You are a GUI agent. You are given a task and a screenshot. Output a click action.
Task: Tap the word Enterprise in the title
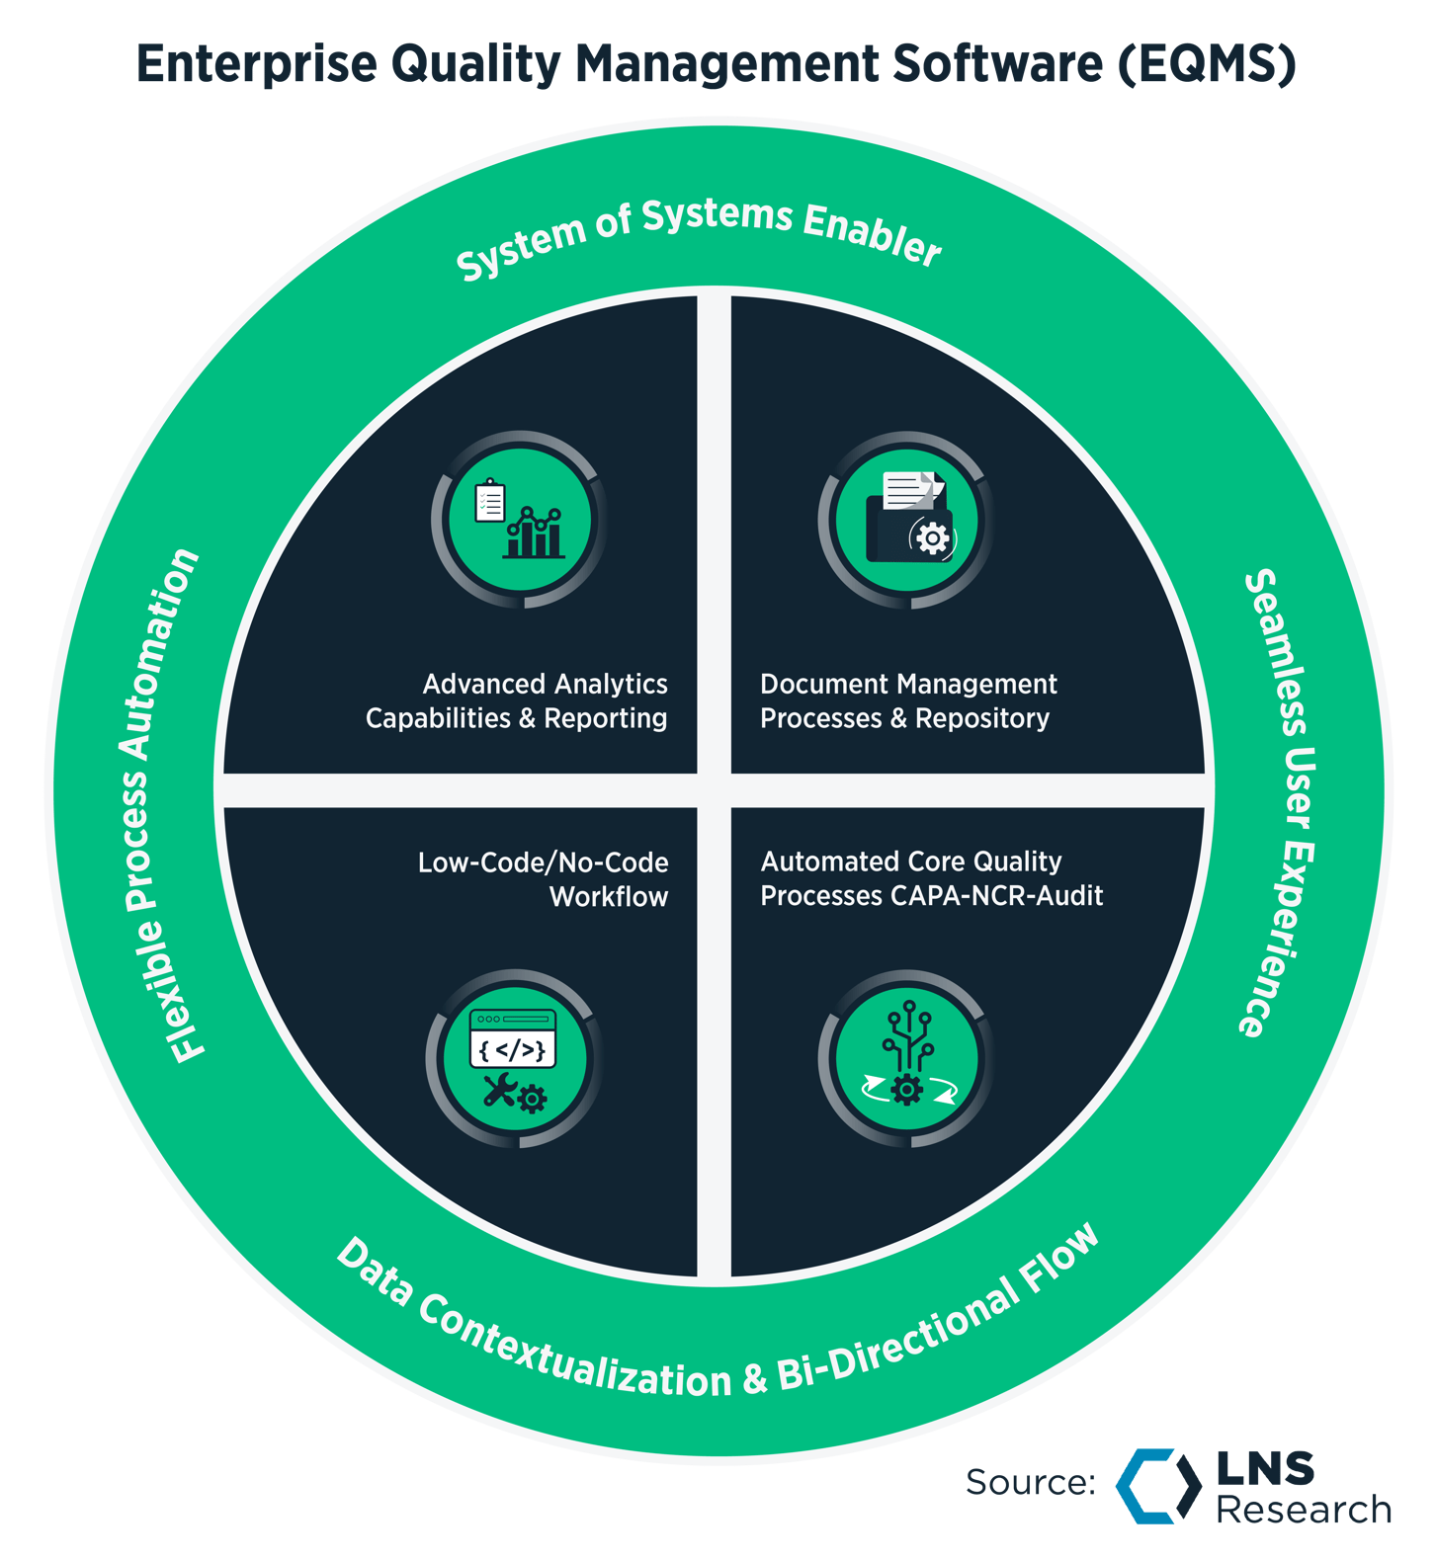click(256, 64)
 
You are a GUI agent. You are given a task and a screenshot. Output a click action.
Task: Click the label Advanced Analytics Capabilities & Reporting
click(517, 700)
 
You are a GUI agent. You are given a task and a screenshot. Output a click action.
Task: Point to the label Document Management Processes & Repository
click(907, 700)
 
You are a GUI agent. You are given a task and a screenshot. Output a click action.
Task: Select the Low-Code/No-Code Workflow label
click(544, 878)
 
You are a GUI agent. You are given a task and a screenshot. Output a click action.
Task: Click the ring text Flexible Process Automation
click(158, 805)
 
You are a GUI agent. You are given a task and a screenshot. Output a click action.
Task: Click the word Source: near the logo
click(1030, 1482)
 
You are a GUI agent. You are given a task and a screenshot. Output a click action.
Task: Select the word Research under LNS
click(1303, 1510)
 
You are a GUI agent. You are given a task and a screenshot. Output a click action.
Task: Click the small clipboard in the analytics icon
click(490, 501)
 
